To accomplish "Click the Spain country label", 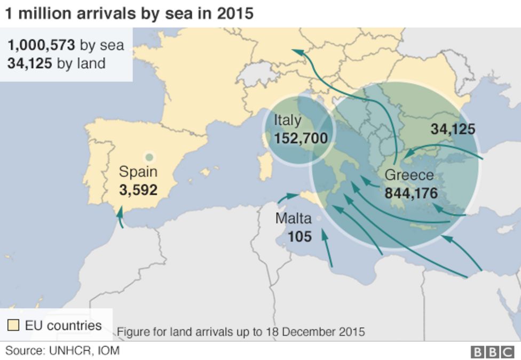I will coord(138,172).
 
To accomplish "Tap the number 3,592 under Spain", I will coord(138,190).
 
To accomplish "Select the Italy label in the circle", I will coord(287,121).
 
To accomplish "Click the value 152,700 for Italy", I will coord(301,139).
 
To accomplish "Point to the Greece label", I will coord(409,175).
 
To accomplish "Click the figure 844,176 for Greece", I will coord(411,193).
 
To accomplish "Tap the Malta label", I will coord(293,218).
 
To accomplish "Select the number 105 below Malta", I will coord(299,236).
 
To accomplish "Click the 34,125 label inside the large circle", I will coord(453,129).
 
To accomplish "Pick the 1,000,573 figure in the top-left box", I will coord(41,45).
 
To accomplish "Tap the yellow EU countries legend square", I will coord(13,325).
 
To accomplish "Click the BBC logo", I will coord(491,351).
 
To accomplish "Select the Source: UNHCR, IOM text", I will coord(62,350).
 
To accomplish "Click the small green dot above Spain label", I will coord(149,157).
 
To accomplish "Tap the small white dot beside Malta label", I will coord(319,219).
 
